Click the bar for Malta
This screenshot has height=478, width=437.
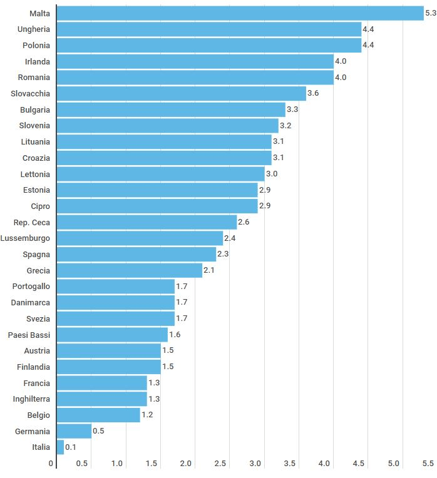click(240, 13)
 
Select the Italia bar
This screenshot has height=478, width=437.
click(60, 447)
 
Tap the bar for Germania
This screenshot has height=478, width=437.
click(74, 430)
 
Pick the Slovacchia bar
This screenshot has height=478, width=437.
click(181, 93)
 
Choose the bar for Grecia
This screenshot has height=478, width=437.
click(129, 270)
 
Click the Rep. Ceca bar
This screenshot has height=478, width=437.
click(147, 222)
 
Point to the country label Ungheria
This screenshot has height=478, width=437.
click(34, 29)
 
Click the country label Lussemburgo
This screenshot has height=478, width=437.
click(26, 238)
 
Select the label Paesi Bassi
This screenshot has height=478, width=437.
click(29, 335)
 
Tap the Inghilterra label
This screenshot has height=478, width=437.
click(31, 399)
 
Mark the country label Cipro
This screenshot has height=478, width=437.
click(40, 206)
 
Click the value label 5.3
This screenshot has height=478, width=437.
click(431, 13)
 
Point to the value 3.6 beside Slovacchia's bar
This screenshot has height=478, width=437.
click(313, 93)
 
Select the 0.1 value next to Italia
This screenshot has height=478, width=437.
click(71, 447)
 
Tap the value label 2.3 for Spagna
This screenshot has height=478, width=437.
click(223, 255)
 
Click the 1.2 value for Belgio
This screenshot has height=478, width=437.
click(147, 415)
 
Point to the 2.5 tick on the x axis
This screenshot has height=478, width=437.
click(220, 464)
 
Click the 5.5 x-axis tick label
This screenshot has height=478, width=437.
click(428, 464)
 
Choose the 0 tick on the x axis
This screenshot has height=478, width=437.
click(51, 464)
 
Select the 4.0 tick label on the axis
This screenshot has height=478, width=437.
click(324, 464)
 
